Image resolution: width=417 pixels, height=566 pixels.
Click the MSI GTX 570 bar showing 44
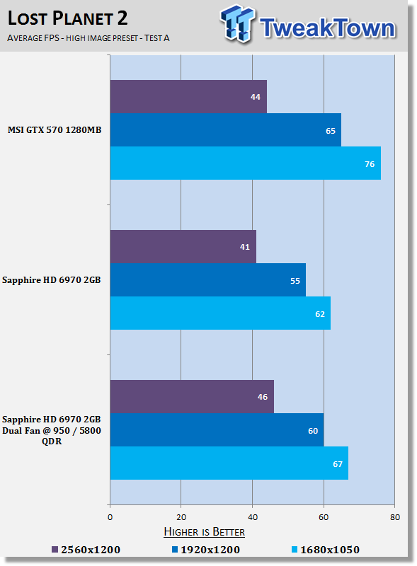coord(188,96)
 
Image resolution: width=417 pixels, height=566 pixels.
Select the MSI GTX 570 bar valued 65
coord(225,130)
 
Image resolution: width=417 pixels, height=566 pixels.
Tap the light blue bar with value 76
coord(246,163)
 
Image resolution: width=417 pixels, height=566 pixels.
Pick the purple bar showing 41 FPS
coord(183,246)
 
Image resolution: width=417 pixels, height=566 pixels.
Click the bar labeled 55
coord(207,279)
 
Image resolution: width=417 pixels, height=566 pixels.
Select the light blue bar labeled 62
coord(220,313)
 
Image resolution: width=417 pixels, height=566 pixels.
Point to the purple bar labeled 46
coord(192,396)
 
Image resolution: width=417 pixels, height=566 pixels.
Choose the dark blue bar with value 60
coord(217,429)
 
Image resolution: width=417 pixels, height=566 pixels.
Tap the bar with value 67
coord(229,463)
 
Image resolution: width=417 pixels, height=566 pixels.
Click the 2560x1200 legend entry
coord(86,550)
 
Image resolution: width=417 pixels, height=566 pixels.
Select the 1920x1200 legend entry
coord(206,550)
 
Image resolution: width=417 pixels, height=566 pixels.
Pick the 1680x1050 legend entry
coord(326,550)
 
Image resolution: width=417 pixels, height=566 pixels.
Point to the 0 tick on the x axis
coord(110,517)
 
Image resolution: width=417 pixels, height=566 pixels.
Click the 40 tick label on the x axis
coord(253,517)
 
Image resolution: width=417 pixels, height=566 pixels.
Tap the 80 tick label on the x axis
coord(395,517)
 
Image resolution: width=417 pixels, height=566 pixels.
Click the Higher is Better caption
coord(204,532)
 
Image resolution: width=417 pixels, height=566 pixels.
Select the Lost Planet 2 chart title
coord(67,18)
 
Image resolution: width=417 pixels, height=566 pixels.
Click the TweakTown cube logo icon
coord(237,23)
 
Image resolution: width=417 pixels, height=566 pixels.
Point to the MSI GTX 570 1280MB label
coord(55,130)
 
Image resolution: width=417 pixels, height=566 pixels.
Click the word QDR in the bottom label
coord(52,441)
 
